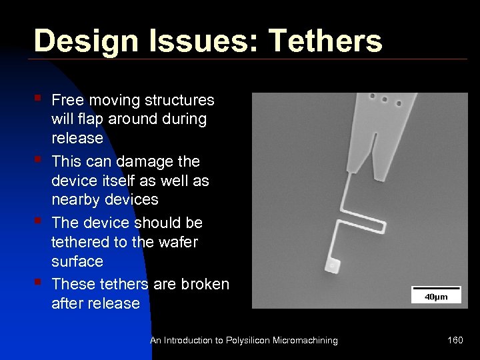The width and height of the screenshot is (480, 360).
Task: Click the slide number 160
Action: (x=455, y=341)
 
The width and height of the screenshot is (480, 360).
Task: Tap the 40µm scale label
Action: (x=436, y=297)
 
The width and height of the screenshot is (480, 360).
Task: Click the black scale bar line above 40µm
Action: (x=436, y=289)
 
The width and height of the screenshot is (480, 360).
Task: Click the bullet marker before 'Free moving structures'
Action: (x=39, y=98)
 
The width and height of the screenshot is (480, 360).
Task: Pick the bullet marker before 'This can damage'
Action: (x=39, y=159)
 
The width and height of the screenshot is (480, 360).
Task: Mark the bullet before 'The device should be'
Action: (x=39, y=220)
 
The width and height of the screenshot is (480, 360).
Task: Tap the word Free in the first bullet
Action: (x=66, y=100)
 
